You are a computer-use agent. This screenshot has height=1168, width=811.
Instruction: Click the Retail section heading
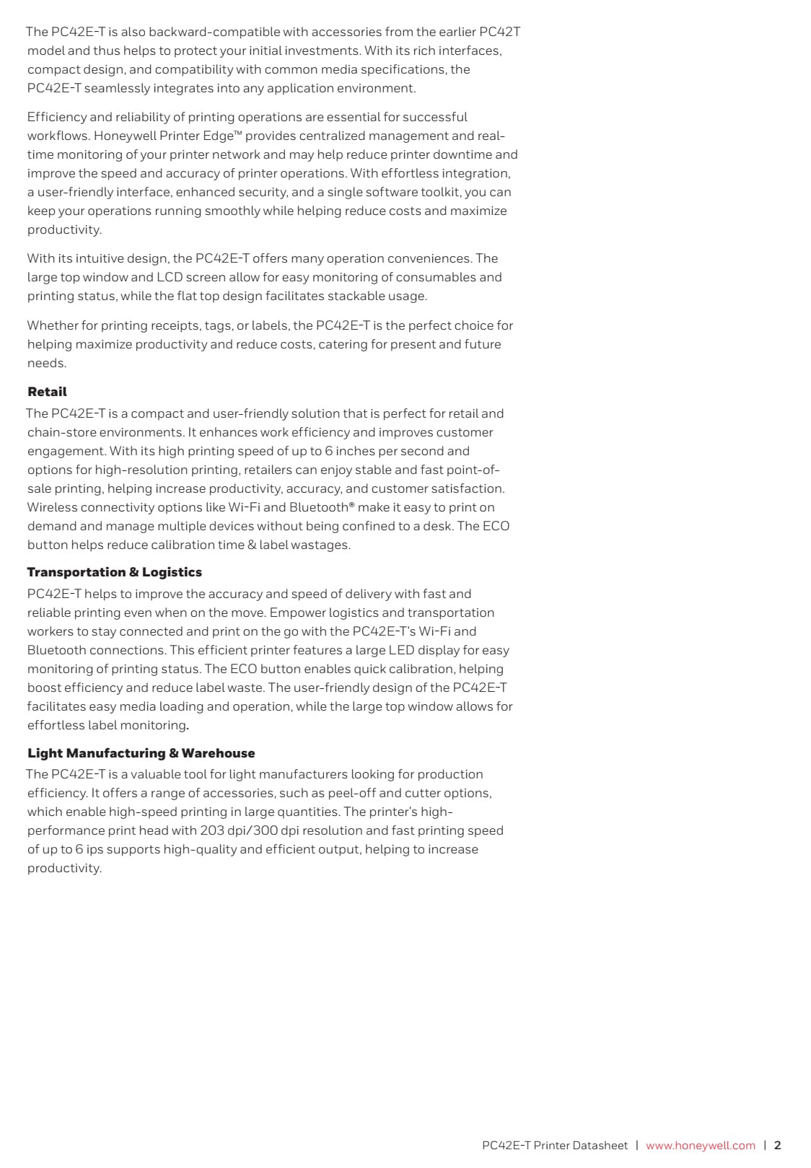point(47,392)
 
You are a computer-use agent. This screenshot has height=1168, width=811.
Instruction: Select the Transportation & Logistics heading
point(114,572)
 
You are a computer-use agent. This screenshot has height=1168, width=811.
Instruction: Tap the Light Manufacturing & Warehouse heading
point(141,753)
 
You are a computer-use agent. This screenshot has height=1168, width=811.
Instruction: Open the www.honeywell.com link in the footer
point(700,1145)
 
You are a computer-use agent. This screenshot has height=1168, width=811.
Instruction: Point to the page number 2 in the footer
point(778,1145)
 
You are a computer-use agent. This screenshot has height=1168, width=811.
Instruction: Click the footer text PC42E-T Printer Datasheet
point(554,1145)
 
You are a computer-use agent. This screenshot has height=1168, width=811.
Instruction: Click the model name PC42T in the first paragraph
point(499,32)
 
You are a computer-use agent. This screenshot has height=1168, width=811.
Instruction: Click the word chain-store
point(61,432)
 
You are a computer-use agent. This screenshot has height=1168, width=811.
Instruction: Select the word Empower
point(297,612)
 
